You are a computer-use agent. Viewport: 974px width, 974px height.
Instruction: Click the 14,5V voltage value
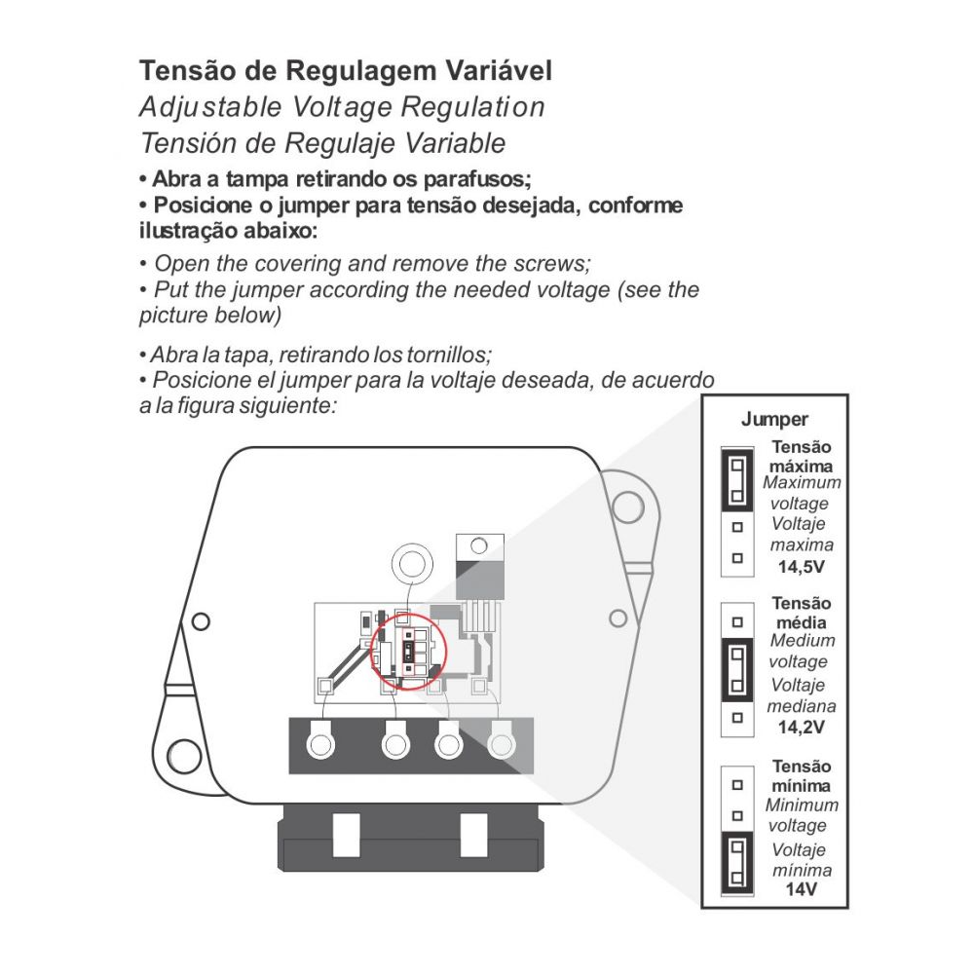pos(802,567)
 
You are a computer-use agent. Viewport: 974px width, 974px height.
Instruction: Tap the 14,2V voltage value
pos(802,727)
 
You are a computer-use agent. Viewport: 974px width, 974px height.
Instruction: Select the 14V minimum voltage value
pos(802,889)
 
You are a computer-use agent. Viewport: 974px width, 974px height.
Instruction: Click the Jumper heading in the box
pos(774,419)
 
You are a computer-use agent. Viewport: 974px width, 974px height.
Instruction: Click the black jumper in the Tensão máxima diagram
pos(737,480)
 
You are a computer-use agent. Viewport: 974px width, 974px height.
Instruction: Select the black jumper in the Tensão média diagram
pos(737,670)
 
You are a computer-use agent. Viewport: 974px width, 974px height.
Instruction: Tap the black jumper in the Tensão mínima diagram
pos(737,863)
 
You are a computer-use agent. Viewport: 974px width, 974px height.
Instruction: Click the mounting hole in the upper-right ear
pos(627,506)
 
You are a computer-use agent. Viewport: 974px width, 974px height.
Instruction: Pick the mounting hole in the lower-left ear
pos(184,756)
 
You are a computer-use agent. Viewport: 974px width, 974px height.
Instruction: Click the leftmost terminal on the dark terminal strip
pos(320,743)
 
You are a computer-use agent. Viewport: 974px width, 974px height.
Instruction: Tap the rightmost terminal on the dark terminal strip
pos(502,743)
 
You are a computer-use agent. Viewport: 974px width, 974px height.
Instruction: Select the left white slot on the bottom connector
pos(346,835)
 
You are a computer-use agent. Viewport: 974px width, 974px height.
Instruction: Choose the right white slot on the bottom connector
pos(473,835)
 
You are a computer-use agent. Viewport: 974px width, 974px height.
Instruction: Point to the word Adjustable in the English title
pos(210,107)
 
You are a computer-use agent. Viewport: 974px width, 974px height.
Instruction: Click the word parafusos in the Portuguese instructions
pos(477,179)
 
